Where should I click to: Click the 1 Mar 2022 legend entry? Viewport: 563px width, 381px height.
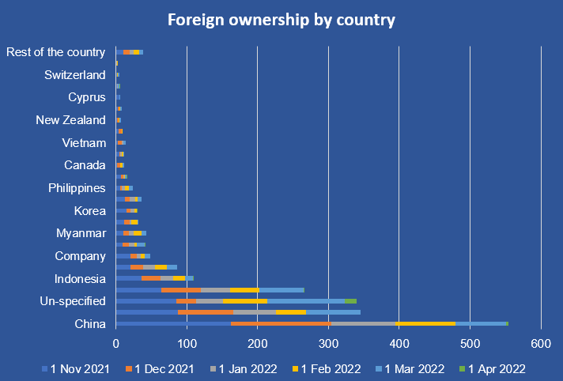(413, 368)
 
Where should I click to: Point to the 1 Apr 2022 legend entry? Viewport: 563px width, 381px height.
(497, 368)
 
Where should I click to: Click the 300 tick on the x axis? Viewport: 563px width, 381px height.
(328, 344)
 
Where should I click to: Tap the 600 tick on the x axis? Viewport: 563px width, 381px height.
(541, 344)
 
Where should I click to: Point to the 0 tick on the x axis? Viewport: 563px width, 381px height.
(116, 344)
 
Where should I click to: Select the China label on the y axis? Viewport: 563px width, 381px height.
(90, 323)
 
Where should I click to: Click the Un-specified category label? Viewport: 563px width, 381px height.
(73, 301)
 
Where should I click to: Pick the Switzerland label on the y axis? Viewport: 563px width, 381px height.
(75, 75)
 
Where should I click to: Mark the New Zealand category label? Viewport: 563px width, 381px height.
(70, 120)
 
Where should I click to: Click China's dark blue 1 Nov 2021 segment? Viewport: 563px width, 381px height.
(173, 323)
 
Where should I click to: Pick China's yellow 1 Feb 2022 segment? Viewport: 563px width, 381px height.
(425, 323)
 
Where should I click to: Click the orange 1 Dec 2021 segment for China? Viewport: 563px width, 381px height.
(280, 323)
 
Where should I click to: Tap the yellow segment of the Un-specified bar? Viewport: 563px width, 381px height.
(245, 301)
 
